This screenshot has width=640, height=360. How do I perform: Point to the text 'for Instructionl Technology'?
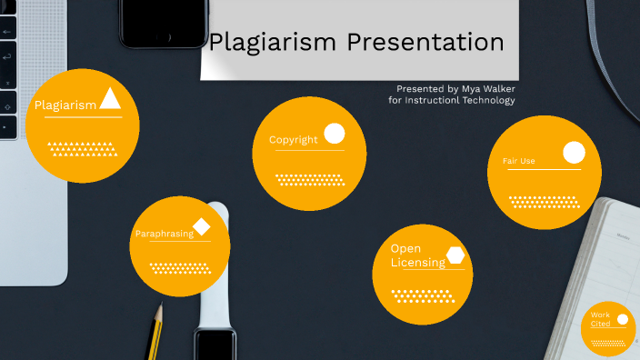(452, 100)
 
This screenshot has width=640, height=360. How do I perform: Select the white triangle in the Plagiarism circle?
(110, 98)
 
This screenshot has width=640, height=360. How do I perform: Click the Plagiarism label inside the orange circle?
(65, 105)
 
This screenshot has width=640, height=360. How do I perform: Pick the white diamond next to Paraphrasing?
(202, 226)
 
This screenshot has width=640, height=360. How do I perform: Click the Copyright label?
(293, 140)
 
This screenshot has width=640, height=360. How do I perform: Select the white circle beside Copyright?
(335, 134)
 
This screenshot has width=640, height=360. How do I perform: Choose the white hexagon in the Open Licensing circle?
(455, 255)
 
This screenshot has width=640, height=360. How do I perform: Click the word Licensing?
(417, 263)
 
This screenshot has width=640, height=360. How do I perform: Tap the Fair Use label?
(518, 162)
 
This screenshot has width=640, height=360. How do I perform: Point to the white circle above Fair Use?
(574, 153)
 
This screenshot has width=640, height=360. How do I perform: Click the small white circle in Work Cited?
(623, 319)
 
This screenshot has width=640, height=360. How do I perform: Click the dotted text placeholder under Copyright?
(309, 179)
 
